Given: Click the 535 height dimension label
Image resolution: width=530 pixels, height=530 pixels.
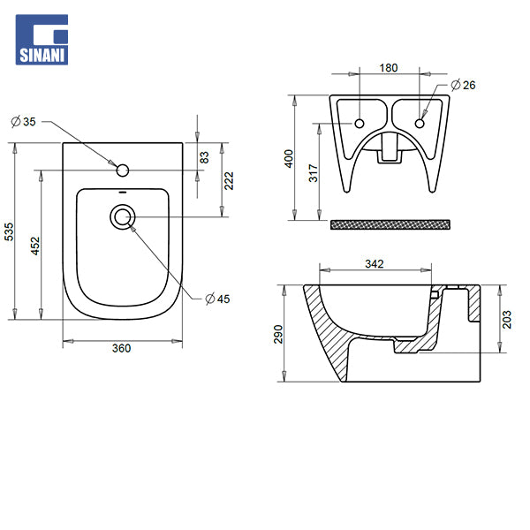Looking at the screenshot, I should click(10, 231).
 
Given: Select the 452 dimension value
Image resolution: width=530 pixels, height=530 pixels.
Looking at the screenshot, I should click(34, 245).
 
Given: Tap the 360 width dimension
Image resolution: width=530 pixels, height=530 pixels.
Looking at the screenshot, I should click(121, 348).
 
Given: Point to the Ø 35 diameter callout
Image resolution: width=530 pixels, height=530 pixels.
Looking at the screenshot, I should click(25, 121).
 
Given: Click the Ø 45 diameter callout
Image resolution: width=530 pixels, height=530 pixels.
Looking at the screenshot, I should click(217, 299).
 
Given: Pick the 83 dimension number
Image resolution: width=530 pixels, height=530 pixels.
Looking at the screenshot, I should click(204, 156).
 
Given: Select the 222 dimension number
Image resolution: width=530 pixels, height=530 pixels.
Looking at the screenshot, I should click(228, 180).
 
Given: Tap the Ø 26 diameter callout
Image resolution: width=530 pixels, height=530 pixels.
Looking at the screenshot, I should click(463, 85).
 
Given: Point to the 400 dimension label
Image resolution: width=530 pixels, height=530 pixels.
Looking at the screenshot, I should click(288, 159).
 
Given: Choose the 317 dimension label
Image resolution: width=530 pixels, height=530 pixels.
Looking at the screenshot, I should click(313, 172).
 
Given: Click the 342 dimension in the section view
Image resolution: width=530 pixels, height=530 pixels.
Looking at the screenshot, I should click(374, 264).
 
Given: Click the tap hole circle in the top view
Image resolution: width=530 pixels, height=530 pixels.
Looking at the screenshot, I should click(123, 168).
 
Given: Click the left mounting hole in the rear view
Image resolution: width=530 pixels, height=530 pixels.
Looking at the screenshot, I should click(360, 122).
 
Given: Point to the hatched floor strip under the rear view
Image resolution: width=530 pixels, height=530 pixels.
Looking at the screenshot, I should click(390, 224).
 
